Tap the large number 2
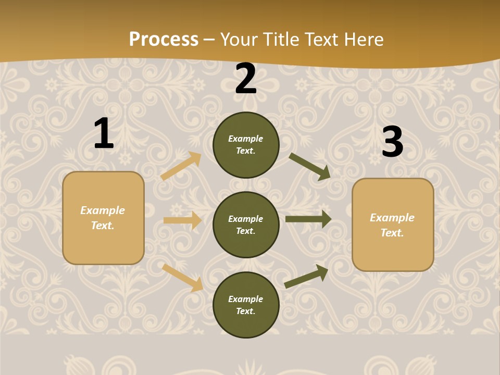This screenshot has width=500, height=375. pyautogui.click(x=246, y=79)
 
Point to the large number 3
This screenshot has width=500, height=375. pyautogui.click(x=392, y=142)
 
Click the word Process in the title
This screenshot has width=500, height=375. pyautogui.click(x=164, y=39)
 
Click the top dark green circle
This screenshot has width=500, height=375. pyautogui.click(x=246, y=145)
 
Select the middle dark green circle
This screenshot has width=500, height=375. pyautogui.click(x=246, y=224)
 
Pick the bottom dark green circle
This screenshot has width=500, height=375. pyautogui.click(x=246, y=305)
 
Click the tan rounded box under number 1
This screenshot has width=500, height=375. pyautogui.click(x=103, y=218)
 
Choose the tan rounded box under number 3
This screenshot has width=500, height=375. pyautogui.click(x=393, y=224)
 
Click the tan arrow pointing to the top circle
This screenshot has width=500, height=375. pyautogui.click(x=181, y=166)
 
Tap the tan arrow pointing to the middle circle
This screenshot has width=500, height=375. pyautogui.click(x=183, y=220)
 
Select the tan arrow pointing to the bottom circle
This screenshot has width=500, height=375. pyautogui.click(x=183, y=278)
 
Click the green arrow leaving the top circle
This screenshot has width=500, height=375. pyautogui.click(x=310, y=167)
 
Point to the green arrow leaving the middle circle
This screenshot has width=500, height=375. pyautogui.click(x=308, y=219)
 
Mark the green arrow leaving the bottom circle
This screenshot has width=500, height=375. pyautogui.click(x=306, y=276)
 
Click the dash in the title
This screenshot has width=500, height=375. pyautogui.click(x=209, y=40)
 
